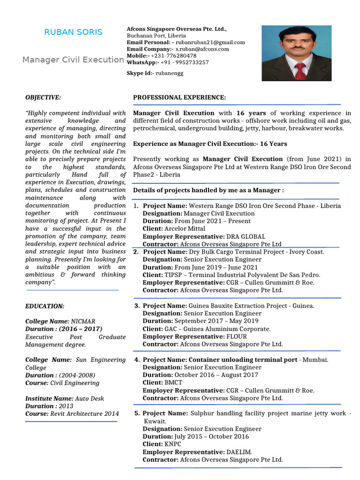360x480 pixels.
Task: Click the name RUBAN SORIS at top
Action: pos(73,32)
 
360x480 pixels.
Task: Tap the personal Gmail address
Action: pos(210,42)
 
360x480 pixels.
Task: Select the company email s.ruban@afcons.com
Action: pos(202,49)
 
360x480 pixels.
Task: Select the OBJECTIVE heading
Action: pos(43,97)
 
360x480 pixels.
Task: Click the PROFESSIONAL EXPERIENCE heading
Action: pos(180,97)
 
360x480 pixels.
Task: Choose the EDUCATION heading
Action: pos(45,306)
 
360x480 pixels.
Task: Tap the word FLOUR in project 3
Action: pos(236,337)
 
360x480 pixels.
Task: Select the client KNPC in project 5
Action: pos(172,444)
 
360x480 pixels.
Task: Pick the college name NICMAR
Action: pos(83,322)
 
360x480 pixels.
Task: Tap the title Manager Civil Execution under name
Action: pos(73,60)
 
